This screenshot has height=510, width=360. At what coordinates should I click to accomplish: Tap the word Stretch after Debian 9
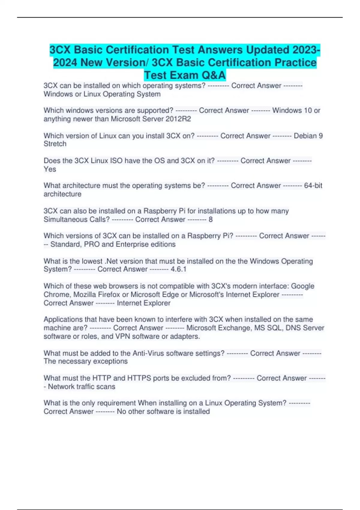[x=55, y=144]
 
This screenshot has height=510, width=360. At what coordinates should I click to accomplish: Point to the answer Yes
[x=50, y=169]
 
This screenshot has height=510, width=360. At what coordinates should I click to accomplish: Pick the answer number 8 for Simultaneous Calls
[x=211, y=220]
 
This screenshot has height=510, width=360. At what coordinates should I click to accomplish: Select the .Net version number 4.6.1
[x=178, y=269]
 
